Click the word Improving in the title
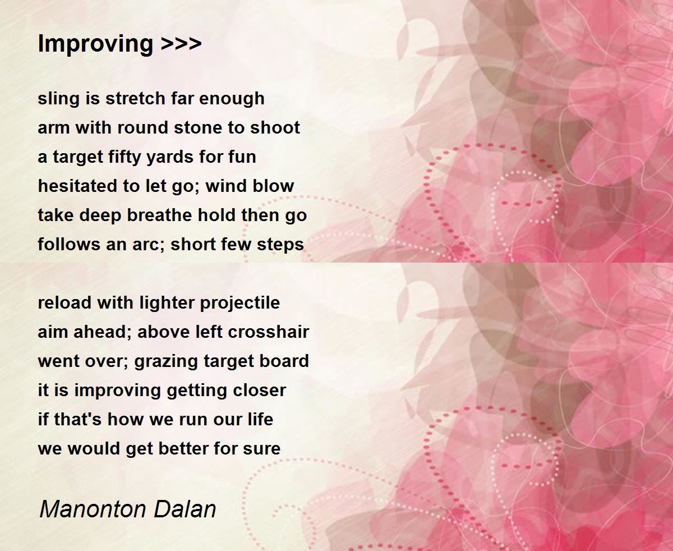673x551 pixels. [95, 44]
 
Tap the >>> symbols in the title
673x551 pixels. [181, 44]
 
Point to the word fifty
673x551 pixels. [123, 157]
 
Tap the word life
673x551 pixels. [260, 419]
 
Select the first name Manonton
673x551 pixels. [86, 509]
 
